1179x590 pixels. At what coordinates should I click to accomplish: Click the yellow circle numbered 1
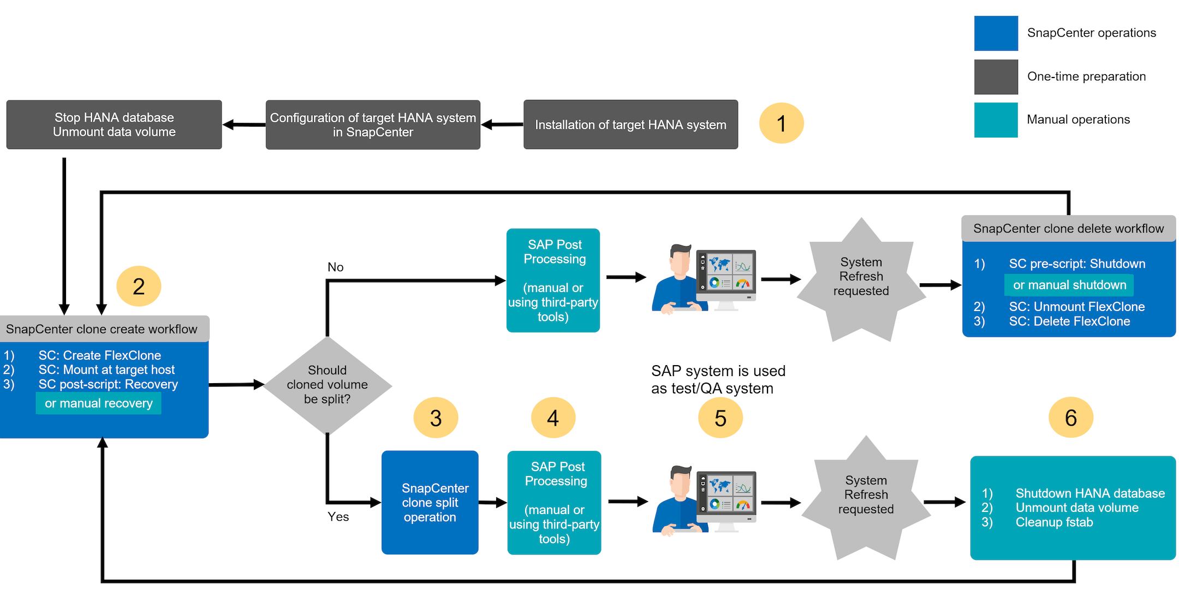pos(781,123)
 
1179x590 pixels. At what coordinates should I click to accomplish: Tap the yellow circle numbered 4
pos(553,418)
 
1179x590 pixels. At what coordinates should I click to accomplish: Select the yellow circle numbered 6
pos(1070,418)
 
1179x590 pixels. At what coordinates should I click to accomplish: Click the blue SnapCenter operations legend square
pos(996,33)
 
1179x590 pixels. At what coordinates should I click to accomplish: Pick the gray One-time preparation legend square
pos(996,77)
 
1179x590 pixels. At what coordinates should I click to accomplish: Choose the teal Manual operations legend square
pos(996,120)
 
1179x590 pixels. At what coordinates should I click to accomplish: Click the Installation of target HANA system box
pos(630,125)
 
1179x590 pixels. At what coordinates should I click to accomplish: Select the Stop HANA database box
pos(114,125)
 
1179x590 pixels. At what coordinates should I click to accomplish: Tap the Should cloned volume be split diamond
pos(327,385)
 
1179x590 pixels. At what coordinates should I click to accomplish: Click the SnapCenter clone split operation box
pos(430,503)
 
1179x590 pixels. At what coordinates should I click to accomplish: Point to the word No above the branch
pos(335,267)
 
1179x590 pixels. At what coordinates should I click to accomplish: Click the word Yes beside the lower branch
pos(338,517)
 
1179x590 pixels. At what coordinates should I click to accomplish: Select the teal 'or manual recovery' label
pos(99,403)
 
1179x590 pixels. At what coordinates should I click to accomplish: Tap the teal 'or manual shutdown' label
pos(1069,285)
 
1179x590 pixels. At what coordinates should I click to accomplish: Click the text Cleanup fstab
pos(1054,522)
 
